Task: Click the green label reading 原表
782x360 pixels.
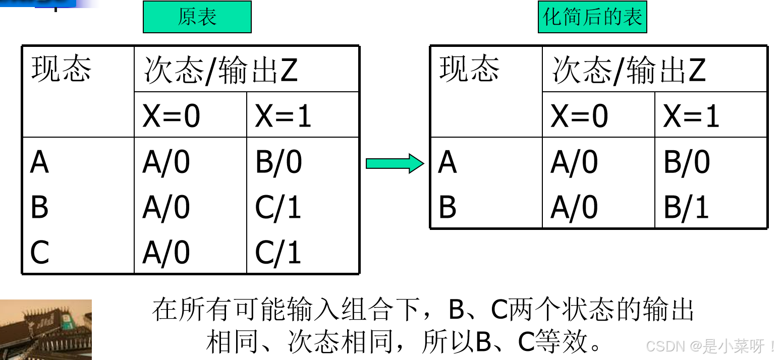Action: pos(197,17)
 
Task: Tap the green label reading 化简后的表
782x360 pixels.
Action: pos(592,17)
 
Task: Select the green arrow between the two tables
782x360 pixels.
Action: pos(395,164)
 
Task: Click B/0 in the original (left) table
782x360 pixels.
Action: pos(278,162)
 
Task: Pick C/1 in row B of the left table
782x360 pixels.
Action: pos(278,207)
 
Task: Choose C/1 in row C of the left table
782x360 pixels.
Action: pos(278,252)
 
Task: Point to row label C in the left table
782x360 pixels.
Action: pos(40,252)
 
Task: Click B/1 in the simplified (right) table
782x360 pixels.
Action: pos(686,207)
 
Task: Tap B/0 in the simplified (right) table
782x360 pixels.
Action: pos(687,162)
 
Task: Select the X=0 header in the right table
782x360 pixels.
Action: pos(579,116)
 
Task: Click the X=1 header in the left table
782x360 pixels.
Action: pos(283,116)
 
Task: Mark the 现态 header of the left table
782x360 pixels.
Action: pos(61,69)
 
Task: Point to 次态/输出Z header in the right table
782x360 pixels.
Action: pos(629,71)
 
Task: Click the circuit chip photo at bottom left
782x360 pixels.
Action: pos(45,329)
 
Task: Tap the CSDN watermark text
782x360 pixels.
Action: pos(711,346)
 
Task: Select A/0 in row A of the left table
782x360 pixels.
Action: pos(166,162)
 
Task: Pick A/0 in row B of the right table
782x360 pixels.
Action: pos(574,207)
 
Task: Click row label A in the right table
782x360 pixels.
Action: pos(448,162)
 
